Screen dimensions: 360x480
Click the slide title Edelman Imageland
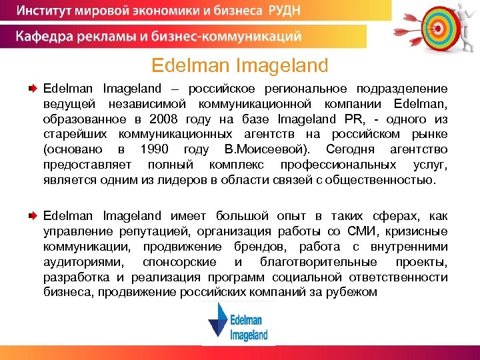coord(240,65)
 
